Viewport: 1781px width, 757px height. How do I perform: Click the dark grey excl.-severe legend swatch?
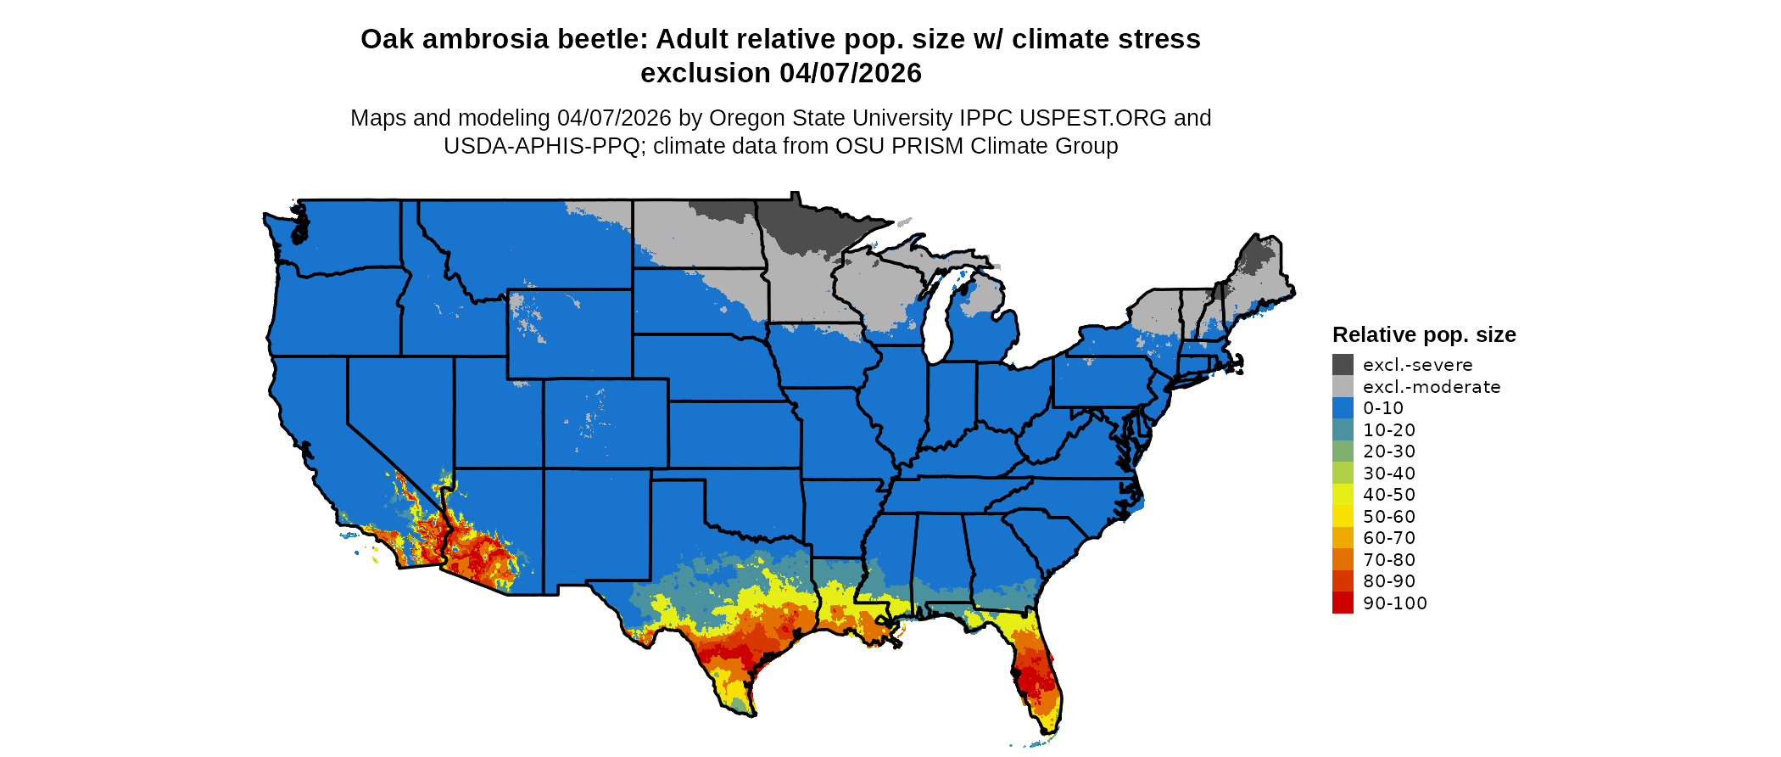(x=1343, y=365)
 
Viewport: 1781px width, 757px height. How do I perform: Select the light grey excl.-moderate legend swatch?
(x=1343, y=387)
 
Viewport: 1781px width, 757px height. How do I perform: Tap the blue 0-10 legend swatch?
(x=1343, y=408)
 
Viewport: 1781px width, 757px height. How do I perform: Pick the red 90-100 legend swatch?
(x=1343, y=603)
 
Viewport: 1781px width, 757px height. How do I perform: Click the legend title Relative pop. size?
(x=1423, y=334)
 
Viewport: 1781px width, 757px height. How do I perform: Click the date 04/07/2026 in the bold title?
(x=851, y=74)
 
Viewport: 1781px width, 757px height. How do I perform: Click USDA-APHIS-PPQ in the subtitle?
(x=541, y=146)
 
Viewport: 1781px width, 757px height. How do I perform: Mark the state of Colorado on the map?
(x=606, y=423)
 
